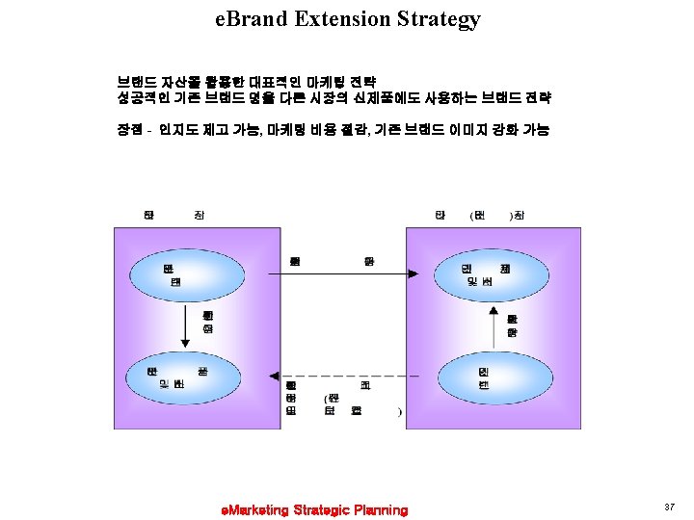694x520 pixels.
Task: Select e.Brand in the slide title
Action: [253, 18]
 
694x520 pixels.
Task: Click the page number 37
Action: [669, 507]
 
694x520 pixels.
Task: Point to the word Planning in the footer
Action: [381, 509]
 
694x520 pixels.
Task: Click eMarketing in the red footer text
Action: [255, 509]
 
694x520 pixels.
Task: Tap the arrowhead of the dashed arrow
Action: [274, 377]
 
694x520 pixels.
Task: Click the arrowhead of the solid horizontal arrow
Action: [413, 274]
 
